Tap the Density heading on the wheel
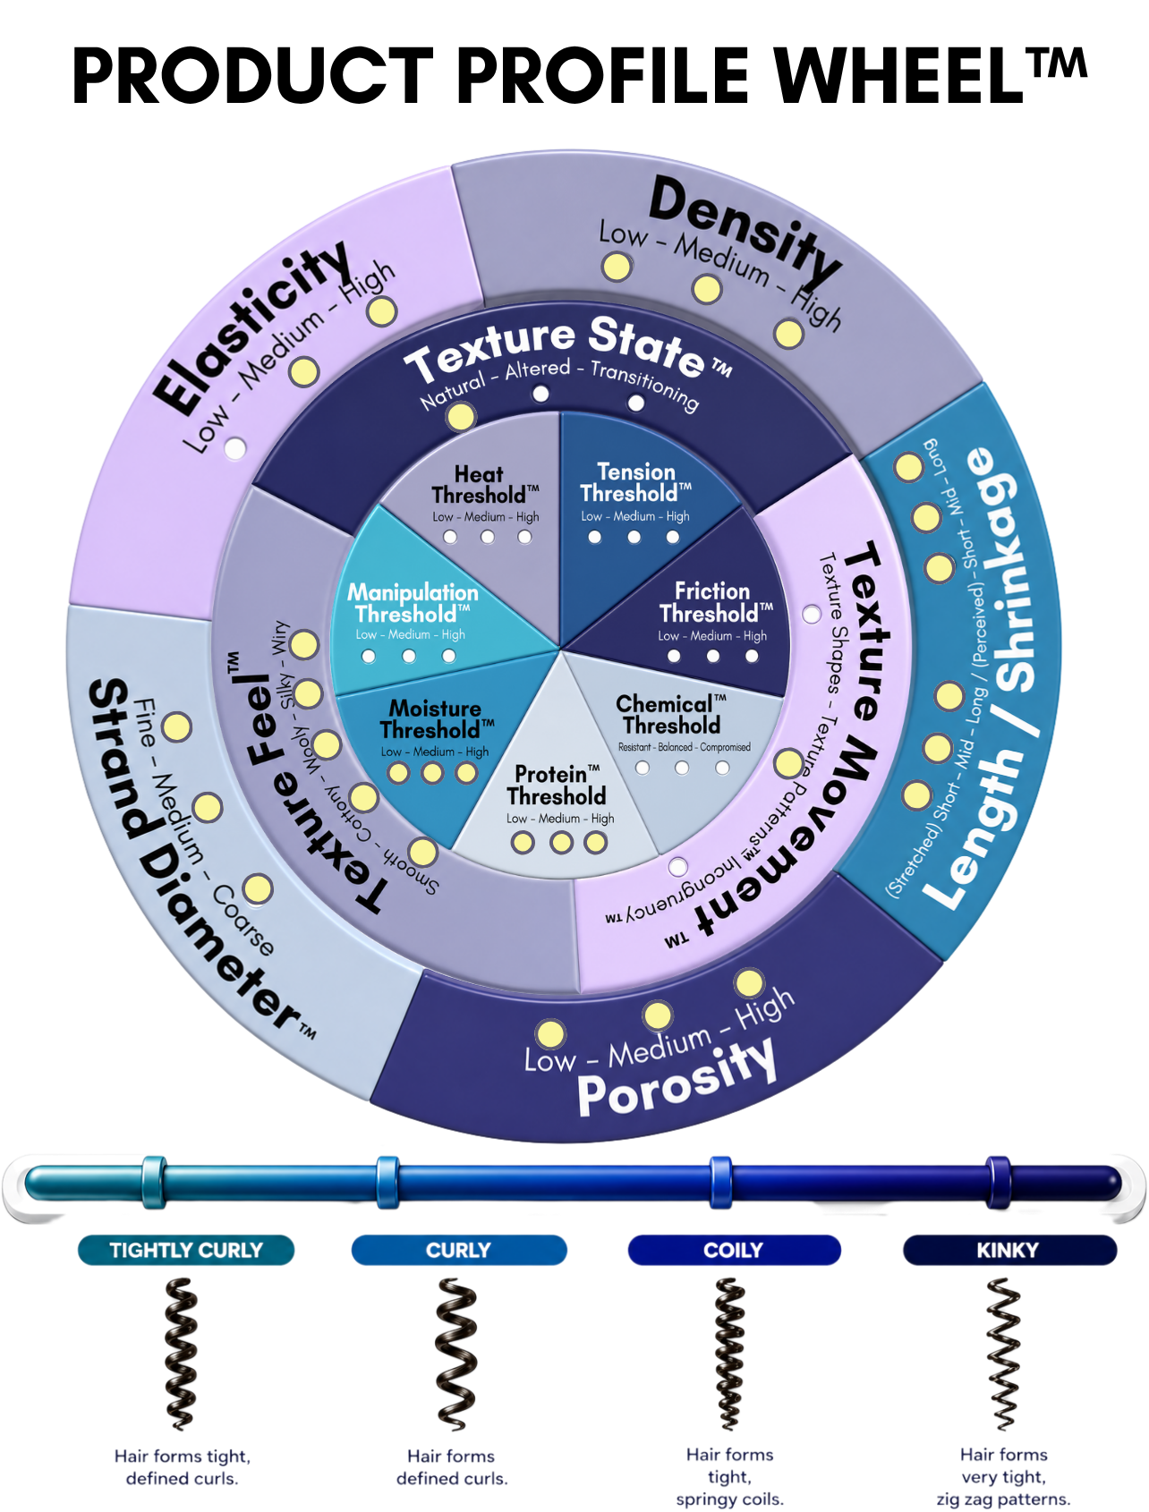[745, 228]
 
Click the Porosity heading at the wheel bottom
[677, 1077]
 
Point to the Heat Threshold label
[485, 485]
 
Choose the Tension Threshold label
[635, 483]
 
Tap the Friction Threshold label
[715, 602]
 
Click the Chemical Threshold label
[671, 715]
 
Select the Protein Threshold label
[557, 786]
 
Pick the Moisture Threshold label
[437, 719]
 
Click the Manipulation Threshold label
[413, 603]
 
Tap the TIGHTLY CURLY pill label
[186, 1250]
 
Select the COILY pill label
[734, 1250]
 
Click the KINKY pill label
[1009, 1250]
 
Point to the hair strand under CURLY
[456, 1354]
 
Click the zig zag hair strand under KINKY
[1003, 1354]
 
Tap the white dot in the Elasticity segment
[235, 448]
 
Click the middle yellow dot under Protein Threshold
[561, 843]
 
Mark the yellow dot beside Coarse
[258, 889]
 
